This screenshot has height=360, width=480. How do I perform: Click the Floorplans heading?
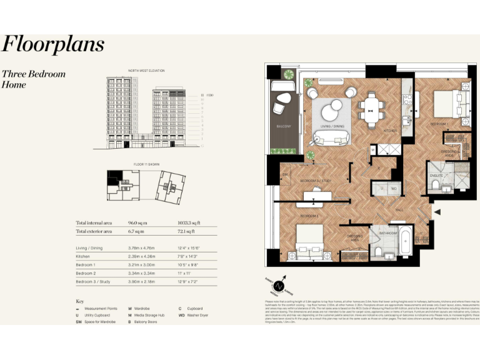click(x=52, y=44)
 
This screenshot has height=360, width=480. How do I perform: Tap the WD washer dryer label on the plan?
click(x=394, y=187)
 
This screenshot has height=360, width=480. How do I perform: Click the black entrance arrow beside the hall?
click(x=437, y=212)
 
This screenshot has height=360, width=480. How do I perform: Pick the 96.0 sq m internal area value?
click(x=137, y=223)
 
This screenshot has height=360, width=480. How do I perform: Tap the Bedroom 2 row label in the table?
click(x=86, y=273)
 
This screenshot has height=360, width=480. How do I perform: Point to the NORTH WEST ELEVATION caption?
click(x=146, y=70)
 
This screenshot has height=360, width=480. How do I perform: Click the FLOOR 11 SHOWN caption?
click(x=146, y=164)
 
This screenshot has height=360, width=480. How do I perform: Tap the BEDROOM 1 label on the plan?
click(x=437, y=124)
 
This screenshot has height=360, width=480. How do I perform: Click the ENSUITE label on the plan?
click(x=437, y=176)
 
